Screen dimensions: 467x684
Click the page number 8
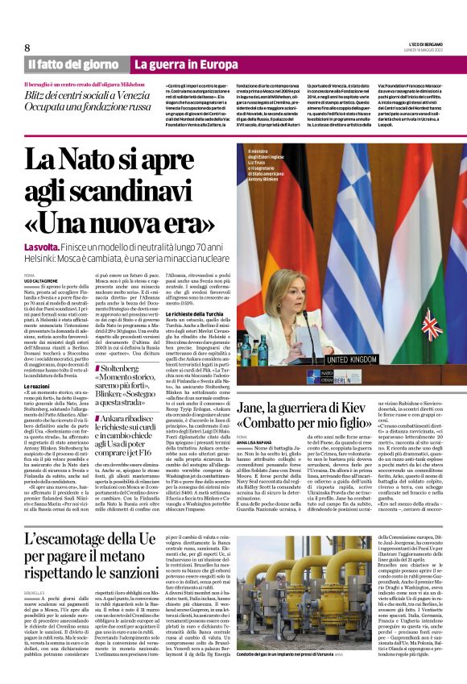(27, 48)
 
